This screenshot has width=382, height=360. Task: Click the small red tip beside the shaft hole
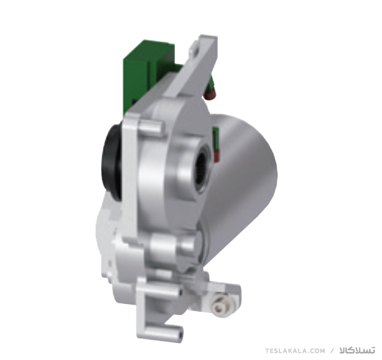[217, 157]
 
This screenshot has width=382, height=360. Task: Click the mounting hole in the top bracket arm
[196, 50]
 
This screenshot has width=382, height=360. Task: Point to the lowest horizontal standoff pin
[168, 331]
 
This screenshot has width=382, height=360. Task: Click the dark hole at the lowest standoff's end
[180, 334]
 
